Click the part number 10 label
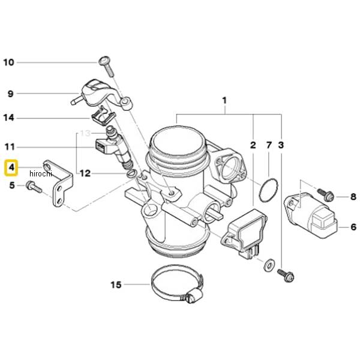(x=9, y=62)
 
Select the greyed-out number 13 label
(x=85, y=133)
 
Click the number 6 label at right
(x=353, y=227)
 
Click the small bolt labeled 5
(x=34, y=188)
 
